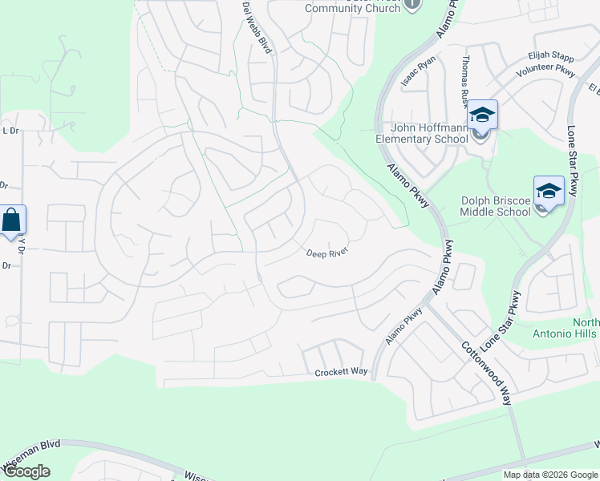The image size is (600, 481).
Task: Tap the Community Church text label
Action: click(x=352, y=8)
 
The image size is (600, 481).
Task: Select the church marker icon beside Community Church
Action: click(x=411, y=4)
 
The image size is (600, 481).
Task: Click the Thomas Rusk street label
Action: click(x=465, y=81)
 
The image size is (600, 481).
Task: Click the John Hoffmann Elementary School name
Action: click(x=422, y=133)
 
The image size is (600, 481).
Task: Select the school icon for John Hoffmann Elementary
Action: click(x=482, y=115)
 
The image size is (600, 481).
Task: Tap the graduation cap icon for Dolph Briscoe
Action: click(x=549, y=192)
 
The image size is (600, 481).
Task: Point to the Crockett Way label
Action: click(x=341, y=373)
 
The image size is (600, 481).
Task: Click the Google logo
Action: click(x=26, y=471)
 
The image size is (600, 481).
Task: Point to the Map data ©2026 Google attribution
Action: click(x=549, y=475)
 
